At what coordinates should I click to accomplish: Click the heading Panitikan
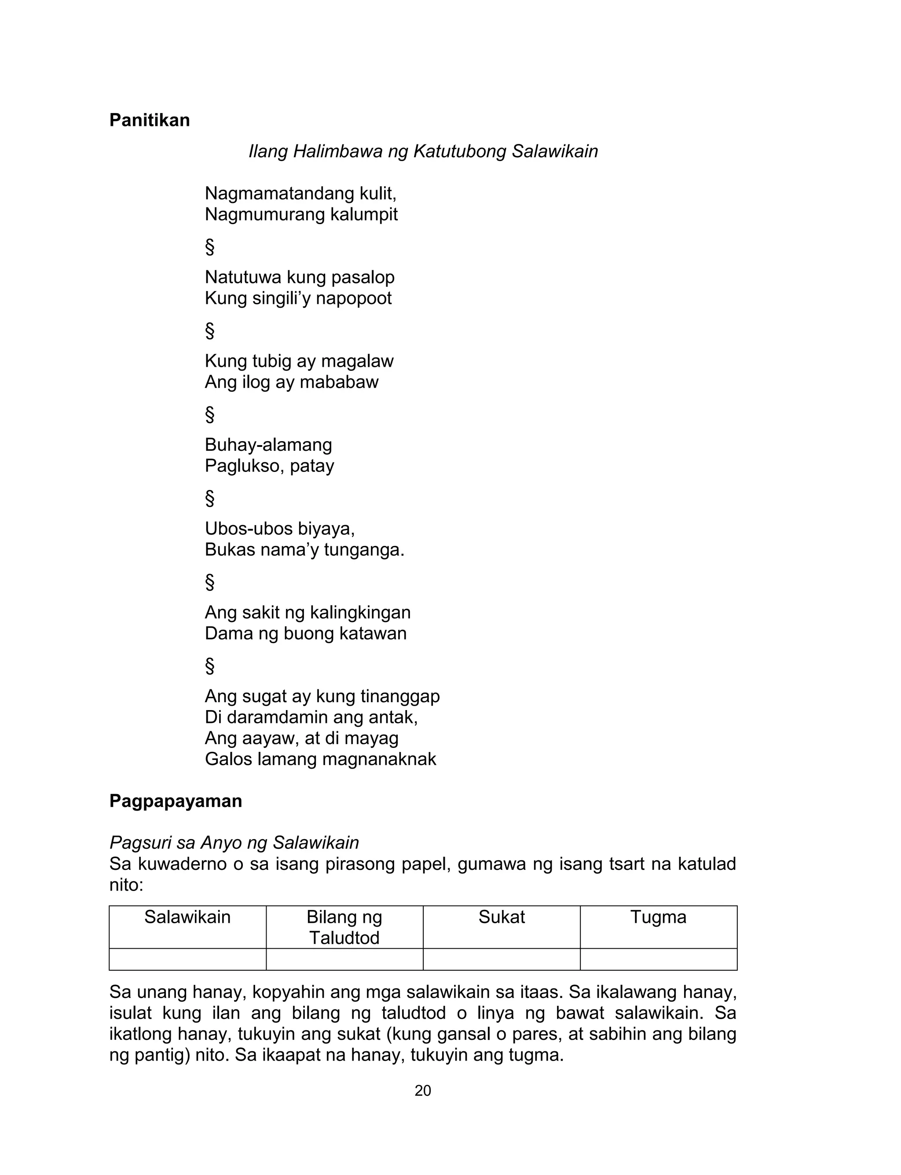point(150,120)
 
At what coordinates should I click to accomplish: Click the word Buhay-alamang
point(268,445)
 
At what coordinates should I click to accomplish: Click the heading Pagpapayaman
point(176,801)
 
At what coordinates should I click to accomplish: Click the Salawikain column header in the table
point(187,917)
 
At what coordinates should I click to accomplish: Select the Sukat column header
point(502,917)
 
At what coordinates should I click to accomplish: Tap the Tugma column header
point(658,917)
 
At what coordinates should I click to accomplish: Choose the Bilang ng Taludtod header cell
point(344,927)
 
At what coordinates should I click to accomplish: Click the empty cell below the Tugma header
point(658,959)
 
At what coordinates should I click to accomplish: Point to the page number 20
point(423,1091)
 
